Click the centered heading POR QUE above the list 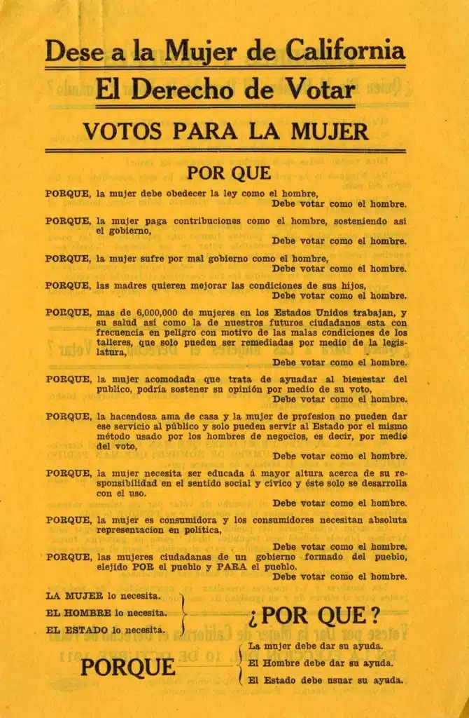point(229,172)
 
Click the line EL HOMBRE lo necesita point(106,613)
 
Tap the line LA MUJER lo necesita point(102,596)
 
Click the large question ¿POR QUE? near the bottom point(313,616)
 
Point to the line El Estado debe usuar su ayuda point(325,679)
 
